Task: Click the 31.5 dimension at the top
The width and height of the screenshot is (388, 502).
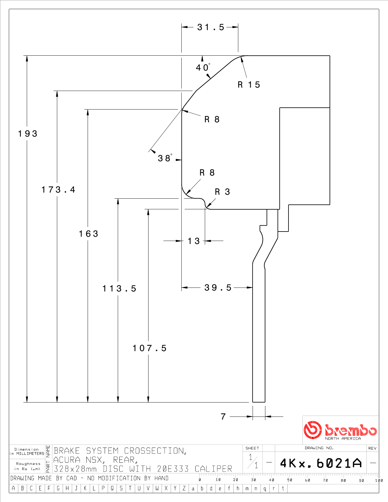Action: click(211, 27)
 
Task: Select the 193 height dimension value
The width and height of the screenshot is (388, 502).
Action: click(28, 134)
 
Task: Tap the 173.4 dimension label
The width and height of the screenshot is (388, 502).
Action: click(58, 190)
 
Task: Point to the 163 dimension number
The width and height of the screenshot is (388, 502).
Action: click(89, 234)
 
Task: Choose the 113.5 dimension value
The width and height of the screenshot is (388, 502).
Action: click(119, 288)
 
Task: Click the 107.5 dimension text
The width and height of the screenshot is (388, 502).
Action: click(149, 348)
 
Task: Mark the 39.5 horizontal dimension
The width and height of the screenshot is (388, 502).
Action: click(218, 288)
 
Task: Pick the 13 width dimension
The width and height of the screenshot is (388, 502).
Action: click(194, 241)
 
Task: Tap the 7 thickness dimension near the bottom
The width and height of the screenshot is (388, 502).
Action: click(223, 417)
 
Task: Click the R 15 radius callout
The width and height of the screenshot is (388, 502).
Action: click(249, 85)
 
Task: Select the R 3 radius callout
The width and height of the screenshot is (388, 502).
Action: click(222, 192)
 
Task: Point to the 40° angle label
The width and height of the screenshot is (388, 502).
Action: click(203, 67)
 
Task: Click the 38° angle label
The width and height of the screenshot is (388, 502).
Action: click(165, 158)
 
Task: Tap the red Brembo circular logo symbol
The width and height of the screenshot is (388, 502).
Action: click(313, 430)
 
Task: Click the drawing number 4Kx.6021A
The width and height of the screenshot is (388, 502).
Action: click(321, 463)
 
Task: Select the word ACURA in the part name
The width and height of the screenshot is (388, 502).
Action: click(67, 460)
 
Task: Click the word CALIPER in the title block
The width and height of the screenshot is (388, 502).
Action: click(213, 469)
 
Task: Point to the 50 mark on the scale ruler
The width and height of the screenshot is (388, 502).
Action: click(290, 480)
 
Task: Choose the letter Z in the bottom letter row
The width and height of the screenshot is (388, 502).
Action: click(184, 488)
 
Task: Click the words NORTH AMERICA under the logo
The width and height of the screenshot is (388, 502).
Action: click(343, 438)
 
